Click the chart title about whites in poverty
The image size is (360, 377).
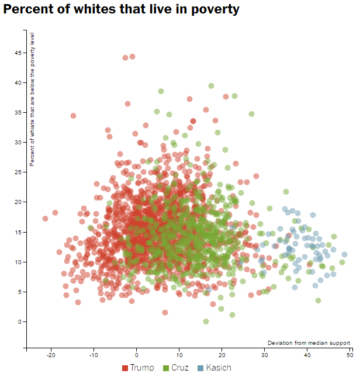(x=122, y=10)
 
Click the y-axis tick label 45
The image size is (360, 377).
(x=18, y=53)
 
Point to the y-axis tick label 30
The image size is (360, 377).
(x=18, y=143)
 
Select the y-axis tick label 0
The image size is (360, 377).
(x=20, y=322)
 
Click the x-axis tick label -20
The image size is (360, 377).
(x=51, y=355)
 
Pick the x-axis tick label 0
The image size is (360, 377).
(x=137, y=355)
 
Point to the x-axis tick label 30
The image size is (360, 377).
(x=265, y=355)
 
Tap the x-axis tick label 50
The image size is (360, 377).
(x=350, y=355)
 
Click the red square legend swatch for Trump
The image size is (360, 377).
(x=125, y=368)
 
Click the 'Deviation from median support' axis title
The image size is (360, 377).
(x=309, y=343)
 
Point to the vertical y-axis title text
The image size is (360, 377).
(x=33, y=99)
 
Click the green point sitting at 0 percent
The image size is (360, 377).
(x=206, y=321)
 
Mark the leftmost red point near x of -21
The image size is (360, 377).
(x=46, y=219)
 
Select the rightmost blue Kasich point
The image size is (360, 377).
(x=344, y=254)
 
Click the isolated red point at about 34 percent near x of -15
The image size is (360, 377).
(x=74, y=116)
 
